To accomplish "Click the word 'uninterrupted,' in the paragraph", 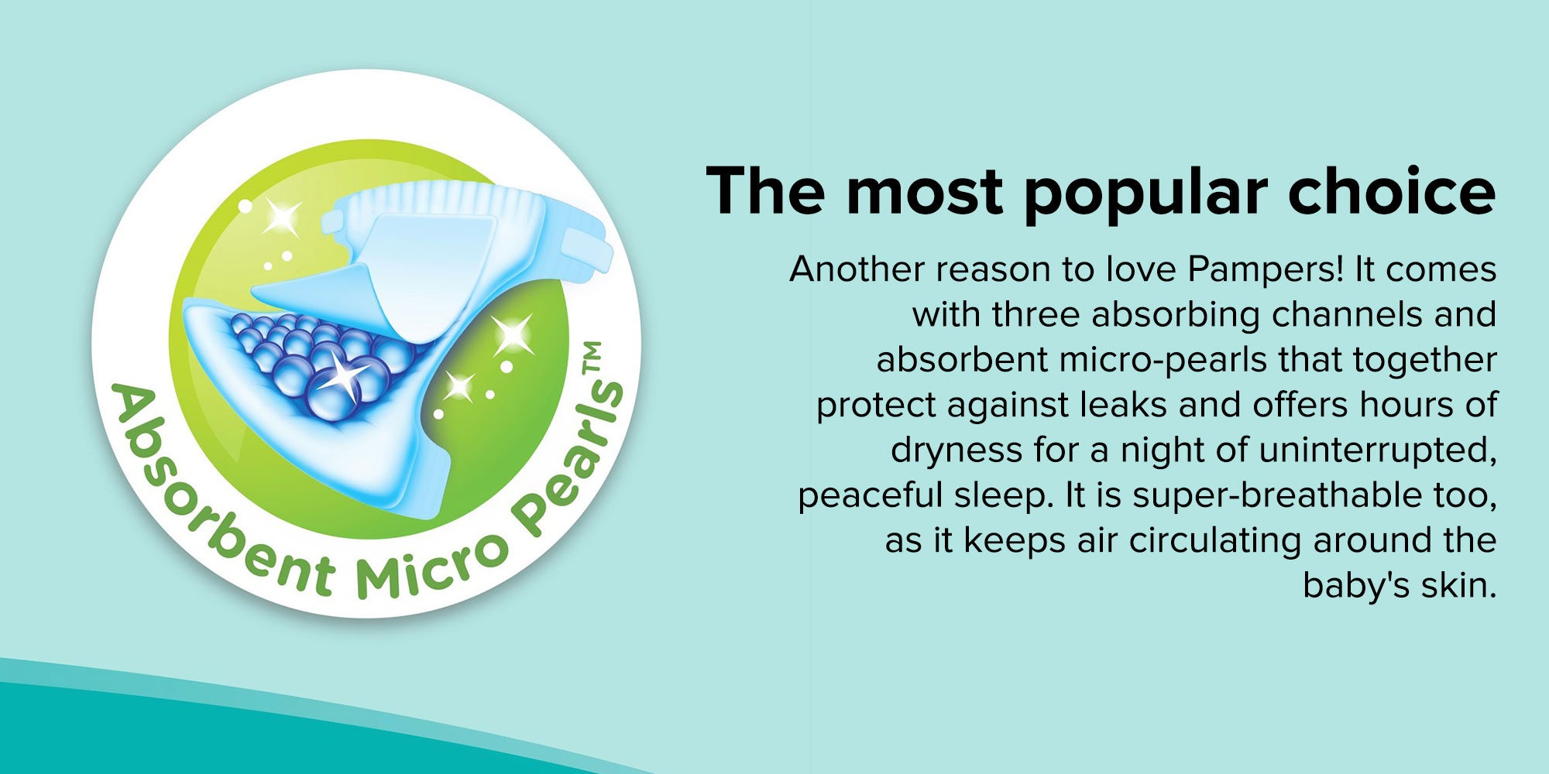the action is pyautogui.click(x=1377, y=451).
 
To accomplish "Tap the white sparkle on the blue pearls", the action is pyautogui.click(x=341, y=375).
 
